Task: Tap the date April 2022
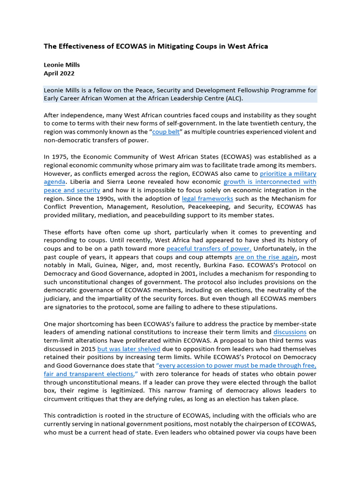point(59,74)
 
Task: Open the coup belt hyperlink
point(166,132)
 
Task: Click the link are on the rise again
point(259,257)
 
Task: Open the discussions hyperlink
point(290,332)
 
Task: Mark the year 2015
point(87,349)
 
